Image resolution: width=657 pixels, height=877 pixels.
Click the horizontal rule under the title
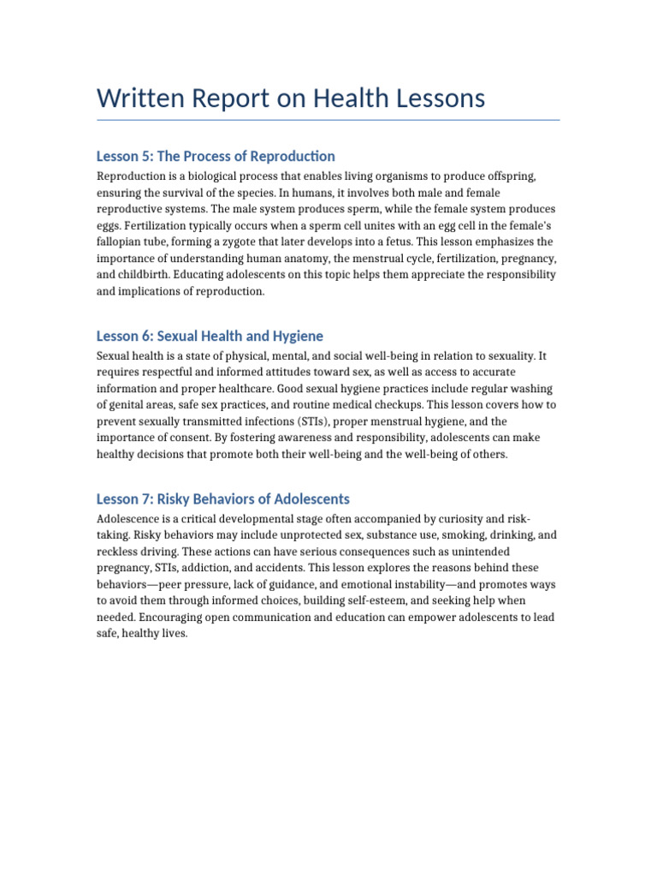pyautogui.click(x=328, y=120)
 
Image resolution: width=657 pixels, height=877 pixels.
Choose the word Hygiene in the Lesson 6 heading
pyautogui.click(x=297, y=336)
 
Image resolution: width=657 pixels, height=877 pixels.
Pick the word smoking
pyautogui.click(x=457, y=536)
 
